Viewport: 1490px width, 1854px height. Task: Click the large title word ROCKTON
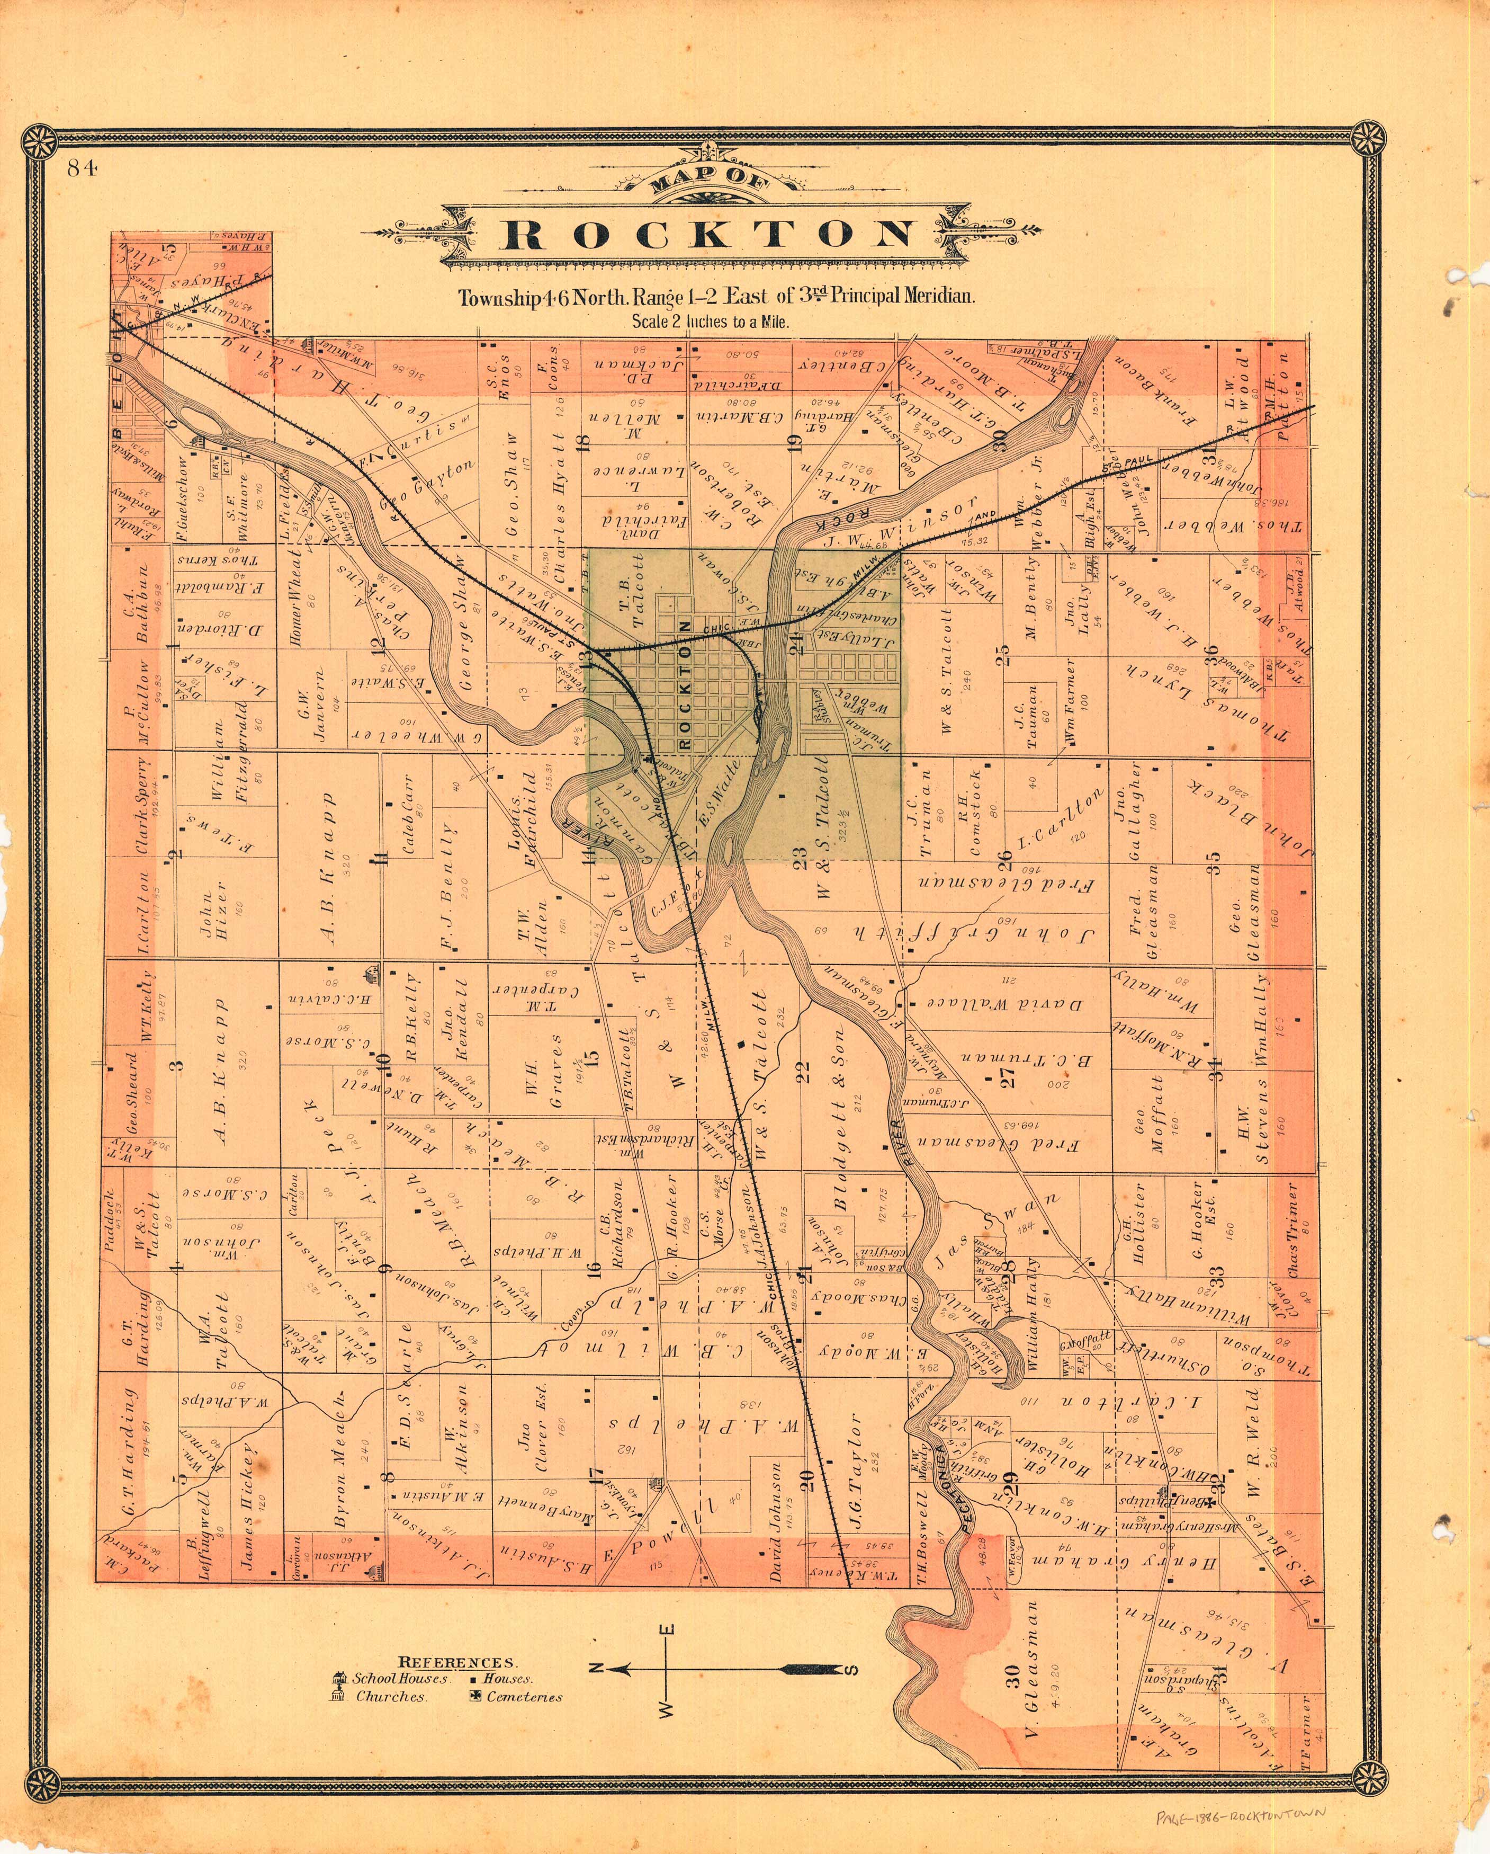click(x=710, y=235)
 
